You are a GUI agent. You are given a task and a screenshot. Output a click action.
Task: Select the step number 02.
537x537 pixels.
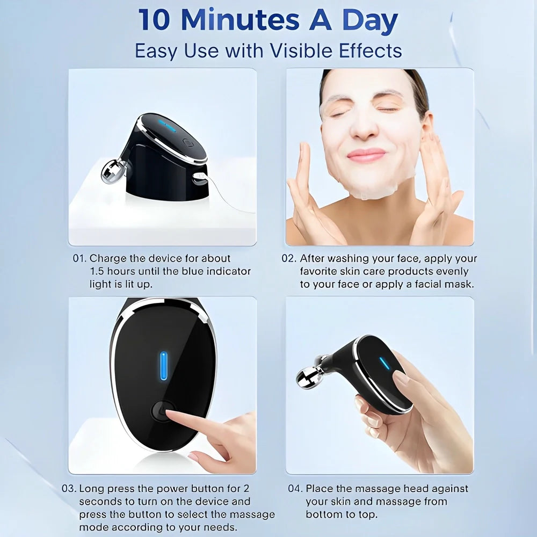click(289, 258)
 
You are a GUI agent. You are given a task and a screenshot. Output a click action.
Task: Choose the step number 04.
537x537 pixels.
click(295, 489)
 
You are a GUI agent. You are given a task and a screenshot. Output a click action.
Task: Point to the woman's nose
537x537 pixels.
click(366, 125)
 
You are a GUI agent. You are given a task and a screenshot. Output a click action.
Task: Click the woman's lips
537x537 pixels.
click(366, 155)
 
